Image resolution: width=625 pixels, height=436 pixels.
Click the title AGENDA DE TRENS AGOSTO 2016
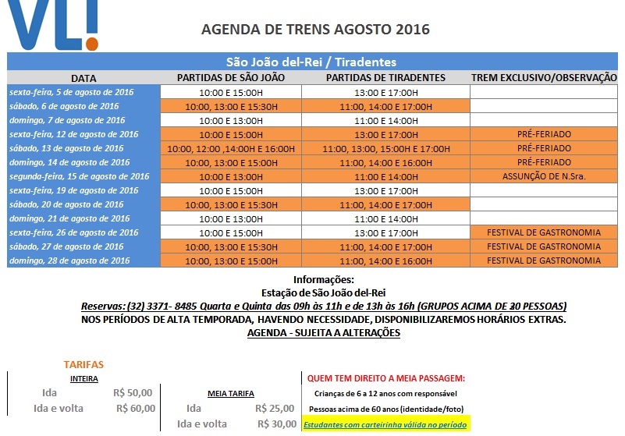coord(315,30)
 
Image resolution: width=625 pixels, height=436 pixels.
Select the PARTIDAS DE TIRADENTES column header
coord(385,78)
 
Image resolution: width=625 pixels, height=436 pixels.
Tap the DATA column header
coord(83,78)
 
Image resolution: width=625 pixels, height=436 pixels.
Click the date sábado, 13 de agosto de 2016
coord(66,148)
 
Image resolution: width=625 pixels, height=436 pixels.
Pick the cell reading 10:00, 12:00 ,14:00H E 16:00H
coord(231,148)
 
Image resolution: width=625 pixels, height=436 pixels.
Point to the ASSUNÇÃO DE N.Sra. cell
coord(544,176)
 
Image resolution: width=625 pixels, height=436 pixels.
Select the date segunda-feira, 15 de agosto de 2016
coord(79,176)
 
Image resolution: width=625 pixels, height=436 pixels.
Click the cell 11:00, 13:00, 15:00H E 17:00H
coord(385,148)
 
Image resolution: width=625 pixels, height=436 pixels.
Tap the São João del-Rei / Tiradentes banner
coord(311,62)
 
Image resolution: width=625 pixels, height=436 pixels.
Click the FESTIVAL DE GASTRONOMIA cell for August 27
coord(544,246)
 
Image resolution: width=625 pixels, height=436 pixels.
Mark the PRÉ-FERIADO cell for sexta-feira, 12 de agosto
coord(544,134)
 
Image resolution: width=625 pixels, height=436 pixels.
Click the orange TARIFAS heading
coord(83,364)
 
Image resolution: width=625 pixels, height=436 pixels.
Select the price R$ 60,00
coord(136,408)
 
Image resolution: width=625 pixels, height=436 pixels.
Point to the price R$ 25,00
coord(275,408)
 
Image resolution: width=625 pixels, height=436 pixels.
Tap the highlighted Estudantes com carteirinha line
coord(385,425)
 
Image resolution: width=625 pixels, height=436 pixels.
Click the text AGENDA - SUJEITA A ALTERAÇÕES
coord(323,332)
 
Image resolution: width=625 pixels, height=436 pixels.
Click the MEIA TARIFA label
coord(231,394)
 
